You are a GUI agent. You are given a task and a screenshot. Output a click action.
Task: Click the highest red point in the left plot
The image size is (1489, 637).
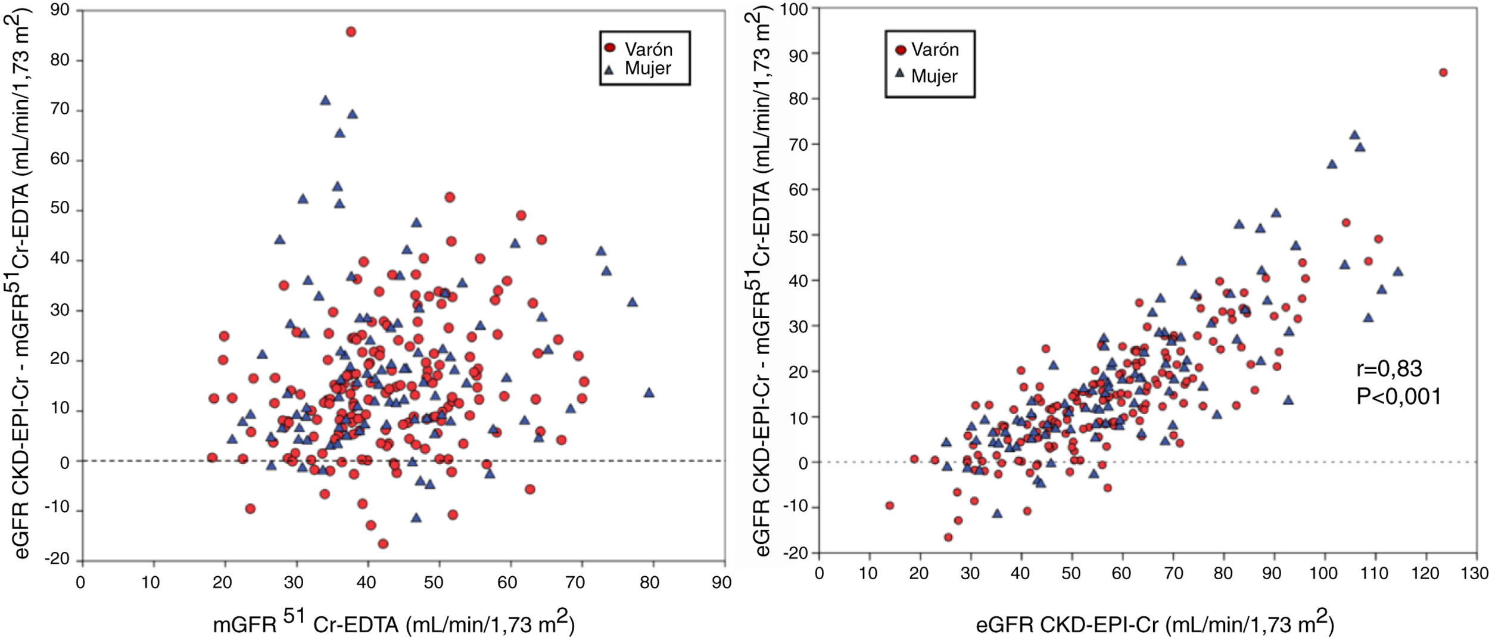(351, 32)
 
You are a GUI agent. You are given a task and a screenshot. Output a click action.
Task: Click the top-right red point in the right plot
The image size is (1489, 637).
(1443, 73)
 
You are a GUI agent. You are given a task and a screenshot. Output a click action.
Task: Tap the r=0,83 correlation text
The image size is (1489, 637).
(1389, 369)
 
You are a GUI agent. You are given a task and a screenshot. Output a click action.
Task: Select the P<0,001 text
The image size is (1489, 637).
(1398, 396)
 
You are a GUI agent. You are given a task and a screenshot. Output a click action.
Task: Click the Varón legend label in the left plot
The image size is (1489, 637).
(648, 49)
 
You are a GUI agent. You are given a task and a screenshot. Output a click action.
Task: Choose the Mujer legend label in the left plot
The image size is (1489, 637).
(647, 68)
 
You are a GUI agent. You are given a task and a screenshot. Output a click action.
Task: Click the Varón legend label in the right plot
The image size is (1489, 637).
(934, 49)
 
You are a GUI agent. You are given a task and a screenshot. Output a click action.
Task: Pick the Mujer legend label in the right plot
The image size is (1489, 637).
(934, 76)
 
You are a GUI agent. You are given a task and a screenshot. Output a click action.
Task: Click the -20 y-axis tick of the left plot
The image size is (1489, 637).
(57, 559)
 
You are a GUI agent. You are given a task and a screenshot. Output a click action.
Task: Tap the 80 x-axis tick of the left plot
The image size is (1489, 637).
(650, 582)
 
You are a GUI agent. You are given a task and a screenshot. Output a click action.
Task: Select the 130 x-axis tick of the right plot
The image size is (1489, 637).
(1475, 573)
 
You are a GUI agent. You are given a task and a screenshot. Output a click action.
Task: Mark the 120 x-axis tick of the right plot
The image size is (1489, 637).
(1425, 573)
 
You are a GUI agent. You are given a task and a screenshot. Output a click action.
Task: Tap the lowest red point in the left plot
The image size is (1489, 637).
(383, 543)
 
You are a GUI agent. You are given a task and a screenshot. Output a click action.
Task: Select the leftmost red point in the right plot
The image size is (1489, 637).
(890, 505)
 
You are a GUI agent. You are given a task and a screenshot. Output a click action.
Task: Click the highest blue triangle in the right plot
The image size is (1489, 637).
(1354, 135)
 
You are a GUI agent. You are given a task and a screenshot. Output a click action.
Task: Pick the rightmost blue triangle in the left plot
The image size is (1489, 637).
(649, 393)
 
